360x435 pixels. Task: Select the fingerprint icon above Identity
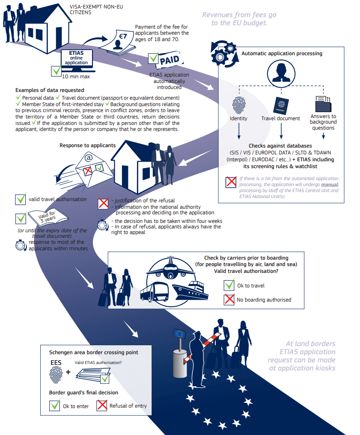point(238,105)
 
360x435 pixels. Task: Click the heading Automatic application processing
point(282,53)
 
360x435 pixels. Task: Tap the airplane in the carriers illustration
point(171,267)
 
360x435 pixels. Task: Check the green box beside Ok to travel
point(229,285)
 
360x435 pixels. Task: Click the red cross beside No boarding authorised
point(229,300)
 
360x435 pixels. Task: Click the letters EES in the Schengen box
point(56,363)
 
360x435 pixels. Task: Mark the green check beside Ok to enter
point(55,405)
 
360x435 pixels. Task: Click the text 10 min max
point(76,77)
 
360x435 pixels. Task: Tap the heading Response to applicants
point(87,145)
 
